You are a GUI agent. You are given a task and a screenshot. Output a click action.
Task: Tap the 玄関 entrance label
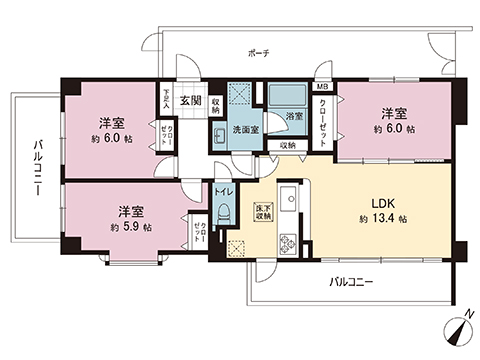click(190, 100)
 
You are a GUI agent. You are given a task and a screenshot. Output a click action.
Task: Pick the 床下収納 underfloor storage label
click(262, 210)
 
